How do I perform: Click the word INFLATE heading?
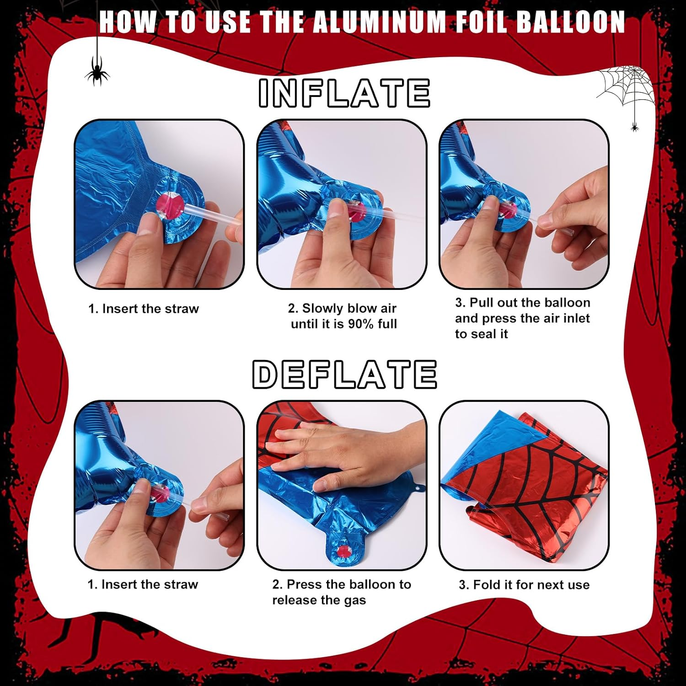point(344,93)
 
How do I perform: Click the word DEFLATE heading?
point(344,374)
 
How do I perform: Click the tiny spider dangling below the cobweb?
point(634,127)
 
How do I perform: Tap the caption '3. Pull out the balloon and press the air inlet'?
point(522,318)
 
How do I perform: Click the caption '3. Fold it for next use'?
point(524,584)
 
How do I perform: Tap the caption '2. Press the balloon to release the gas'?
point(341,592)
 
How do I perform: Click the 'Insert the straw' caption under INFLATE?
point(144,309)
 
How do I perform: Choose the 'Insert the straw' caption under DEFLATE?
point(143,584)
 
